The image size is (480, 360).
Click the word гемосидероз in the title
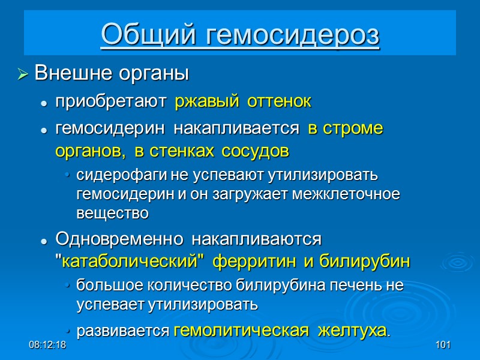point(294,34)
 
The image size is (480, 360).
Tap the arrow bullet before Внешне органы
point(23,75)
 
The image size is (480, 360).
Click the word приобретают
point(110,102)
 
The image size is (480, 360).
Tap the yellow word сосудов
point(255,152)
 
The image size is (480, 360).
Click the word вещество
point(112,213)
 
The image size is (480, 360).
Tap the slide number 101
point(443,346)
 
